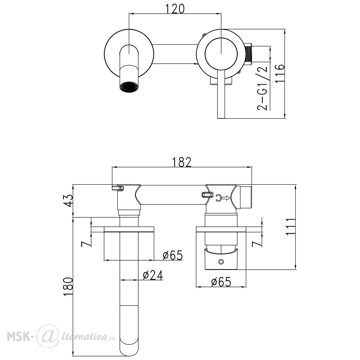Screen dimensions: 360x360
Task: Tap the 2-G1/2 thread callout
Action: pos(262,89)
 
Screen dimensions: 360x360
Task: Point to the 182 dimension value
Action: pos(182,162)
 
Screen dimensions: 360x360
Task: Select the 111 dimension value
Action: pos(290,226)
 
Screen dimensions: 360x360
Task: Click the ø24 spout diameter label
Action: pos(153,275)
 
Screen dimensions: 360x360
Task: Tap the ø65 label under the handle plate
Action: pos(221,282)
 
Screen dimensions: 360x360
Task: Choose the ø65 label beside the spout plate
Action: pos(173,255)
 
